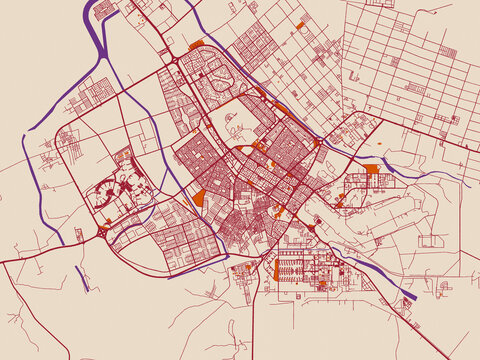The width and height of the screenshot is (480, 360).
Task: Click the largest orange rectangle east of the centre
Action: pos(372,169)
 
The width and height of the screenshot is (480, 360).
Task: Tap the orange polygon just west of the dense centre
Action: pos(200,198)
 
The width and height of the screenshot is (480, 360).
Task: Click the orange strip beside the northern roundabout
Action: pos(196,44)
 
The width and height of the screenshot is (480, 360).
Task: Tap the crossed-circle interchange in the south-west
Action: pos(104,231)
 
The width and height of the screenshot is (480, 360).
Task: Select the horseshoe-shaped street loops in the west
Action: pos(106,190)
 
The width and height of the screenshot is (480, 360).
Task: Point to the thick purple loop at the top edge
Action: pos(103,9)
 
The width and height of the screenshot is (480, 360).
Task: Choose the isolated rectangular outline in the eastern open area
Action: pos(432,241)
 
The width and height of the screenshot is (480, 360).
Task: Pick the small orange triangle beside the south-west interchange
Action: pos(78,235)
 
